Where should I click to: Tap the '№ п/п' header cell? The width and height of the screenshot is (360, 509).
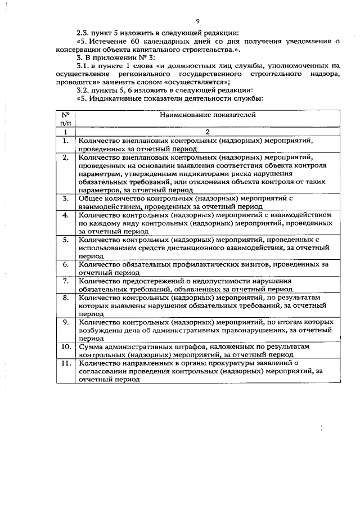point(66,118)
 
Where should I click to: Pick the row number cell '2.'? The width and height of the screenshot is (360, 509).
point(66,157)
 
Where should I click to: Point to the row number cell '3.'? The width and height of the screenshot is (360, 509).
point(66,199)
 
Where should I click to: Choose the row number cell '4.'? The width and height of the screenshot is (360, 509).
point(66,215)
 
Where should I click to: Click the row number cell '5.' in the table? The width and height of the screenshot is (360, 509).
point(66,239)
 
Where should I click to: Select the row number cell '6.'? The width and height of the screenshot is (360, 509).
point(66,264)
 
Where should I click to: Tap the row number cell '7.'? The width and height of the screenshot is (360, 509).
point(66,280)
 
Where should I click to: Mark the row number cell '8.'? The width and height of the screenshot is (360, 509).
point(66,296)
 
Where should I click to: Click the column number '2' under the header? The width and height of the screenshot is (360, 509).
point(208,132)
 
